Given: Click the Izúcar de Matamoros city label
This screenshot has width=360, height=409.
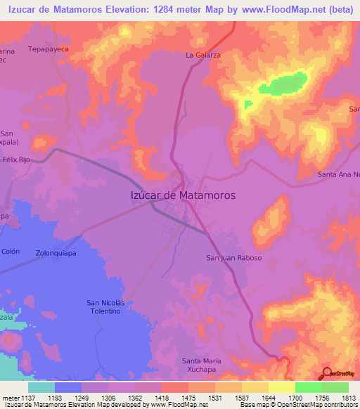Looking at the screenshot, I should click(x=183, y=195).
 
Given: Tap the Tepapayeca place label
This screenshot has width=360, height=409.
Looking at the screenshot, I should click(x=45, y=51).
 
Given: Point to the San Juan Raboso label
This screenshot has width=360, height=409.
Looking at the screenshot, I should click(x=233, y=258).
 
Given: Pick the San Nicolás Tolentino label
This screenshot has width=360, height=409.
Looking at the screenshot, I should click(x=109, y=306).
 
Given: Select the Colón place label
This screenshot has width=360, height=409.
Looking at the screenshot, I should click(x=11, y=252).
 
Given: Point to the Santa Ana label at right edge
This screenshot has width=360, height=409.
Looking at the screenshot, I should click(x=338, y=174).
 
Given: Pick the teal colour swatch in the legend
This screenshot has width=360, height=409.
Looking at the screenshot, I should click(x=41, y=387).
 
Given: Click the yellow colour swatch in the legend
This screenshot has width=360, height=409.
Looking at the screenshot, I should click(x=281, y=387).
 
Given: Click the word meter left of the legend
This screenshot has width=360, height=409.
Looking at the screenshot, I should click(x=9, y=397).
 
